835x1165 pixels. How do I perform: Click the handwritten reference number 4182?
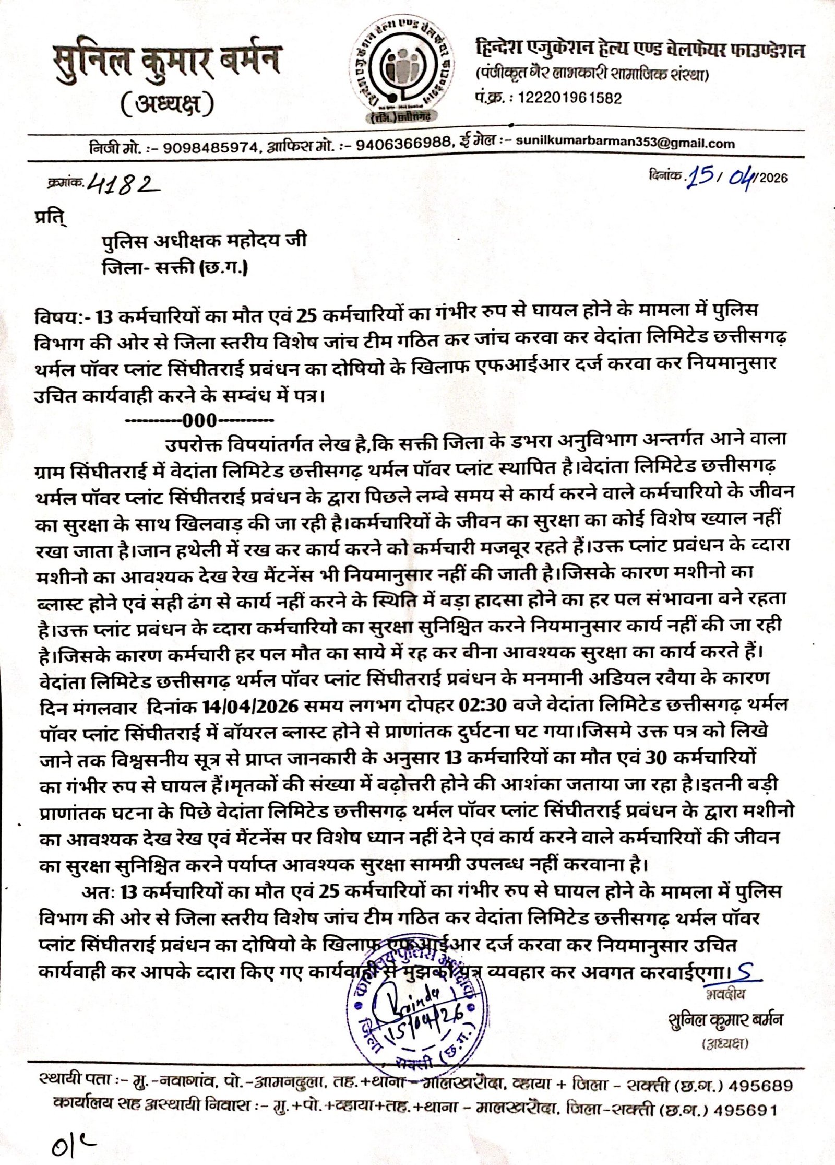(x=123, y=183)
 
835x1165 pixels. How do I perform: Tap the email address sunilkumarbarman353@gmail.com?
(x=625, y=144)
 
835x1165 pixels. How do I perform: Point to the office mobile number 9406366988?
(x=404, y=144)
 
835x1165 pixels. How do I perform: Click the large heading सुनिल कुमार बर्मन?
(x=166, y=61)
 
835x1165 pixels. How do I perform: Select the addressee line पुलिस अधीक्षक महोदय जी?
(x=204, y=241)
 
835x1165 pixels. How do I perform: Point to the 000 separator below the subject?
(x=200, y=420)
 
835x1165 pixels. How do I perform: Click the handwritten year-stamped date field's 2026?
(x=773, y=179)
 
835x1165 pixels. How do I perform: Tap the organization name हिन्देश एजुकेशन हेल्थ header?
(x=639, y=51)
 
